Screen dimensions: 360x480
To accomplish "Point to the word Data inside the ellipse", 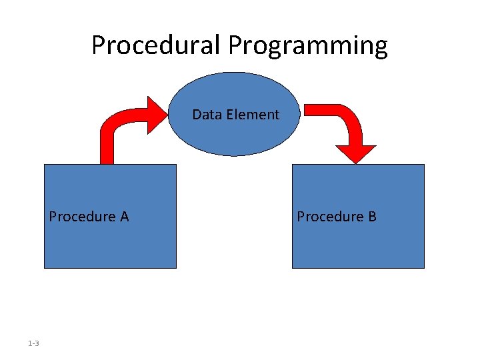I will [x=207, y=115].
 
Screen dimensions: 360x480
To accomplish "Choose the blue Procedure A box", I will [x=110, y=240].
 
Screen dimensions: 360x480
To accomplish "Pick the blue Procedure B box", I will [x=358, y=240].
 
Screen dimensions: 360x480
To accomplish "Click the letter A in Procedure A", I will [x=124, y=217].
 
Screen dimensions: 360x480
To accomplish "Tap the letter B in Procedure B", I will [x=372, y=217].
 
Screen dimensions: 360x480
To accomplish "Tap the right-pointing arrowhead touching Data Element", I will [x=158, y=114].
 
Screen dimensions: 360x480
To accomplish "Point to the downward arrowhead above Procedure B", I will [x=355, y=154].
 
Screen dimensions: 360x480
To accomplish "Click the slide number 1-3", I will [x=33, y=343].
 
